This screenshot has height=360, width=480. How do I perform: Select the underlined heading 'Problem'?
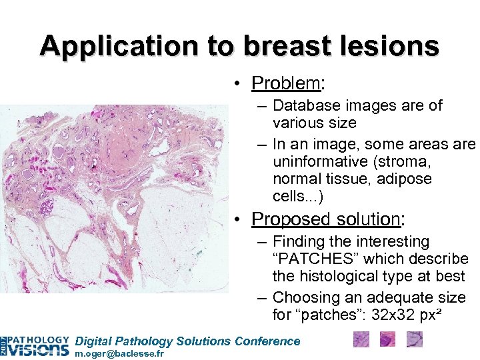285,83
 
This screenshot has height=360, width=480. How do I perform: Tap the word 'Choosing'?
303,297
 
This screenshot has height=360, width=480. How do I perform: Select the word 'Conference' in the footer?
268,341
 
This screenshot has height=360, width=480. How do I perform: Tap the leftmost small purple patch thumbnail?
361,340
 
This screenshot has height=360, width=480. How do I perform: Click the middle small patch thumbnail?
387,340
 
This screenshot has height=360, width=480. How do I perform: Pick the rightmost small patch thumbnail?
414,340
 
